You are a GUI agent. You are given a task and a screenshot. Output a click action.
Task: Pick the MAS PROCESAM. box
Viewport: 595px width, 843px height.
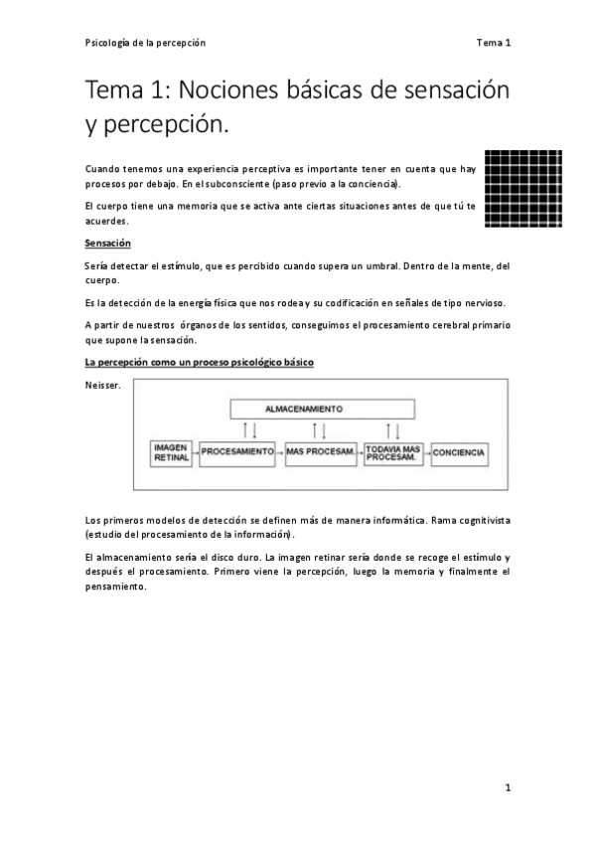point(320,453)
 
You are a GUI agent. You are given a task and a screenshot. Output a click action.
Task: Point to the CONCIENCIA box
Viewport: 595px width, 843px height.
point(460,453)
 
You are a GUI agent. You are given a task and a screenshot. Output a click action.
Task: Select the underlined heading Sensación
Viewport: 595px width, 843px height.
point(107,244)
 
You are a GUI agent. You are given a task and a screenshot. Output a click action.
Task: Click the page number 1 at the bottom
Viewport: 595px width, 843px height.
point(508,787)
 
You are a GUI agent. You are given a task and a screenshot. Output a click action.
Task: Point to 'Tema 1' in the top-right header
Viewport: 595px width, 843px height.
point(493,43)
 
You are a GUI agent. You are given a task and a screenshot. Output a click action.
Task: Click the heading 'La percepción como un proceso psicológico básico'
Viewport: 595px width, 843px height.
point(199,362)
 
